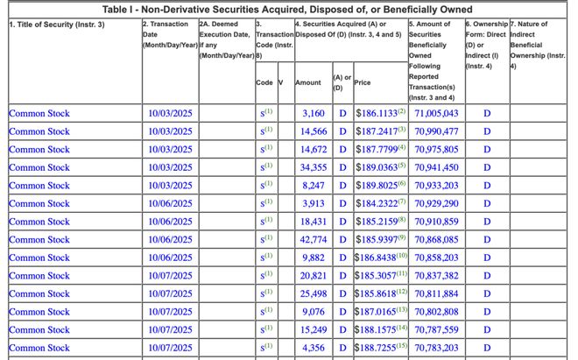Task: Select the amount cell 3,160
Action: tap(313, 113)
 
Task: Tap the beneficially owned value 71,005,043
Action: tap(436, 113)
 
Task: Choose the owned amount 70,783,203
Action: tap(436, 348)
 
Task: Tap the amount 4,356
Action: tap(313, 348)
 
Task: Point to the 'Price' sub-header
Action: tap(363, 82)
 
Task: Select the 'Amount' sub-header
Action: tap(308, 82)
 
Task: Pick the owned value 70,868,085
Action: tap(436, 239)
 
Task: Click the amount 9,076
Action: tap(313, 312)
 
